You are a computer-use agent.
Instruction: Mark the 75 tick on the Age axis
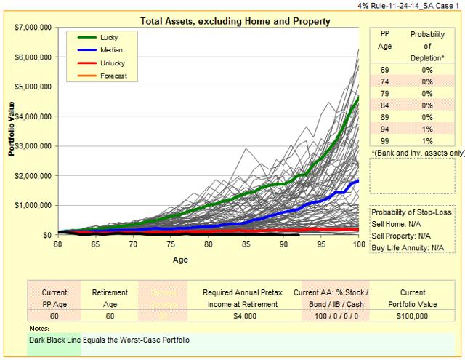coord(171,244)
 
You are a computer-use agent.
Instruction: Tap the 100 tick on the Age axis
coord(358,244)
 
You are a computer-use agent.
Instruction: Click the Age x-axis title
coord(180,259)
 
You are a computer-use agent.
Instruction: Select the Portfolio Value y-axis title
coord(12,131)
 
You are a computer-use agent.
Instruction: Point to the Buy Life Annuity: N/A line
coord(408,247)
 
